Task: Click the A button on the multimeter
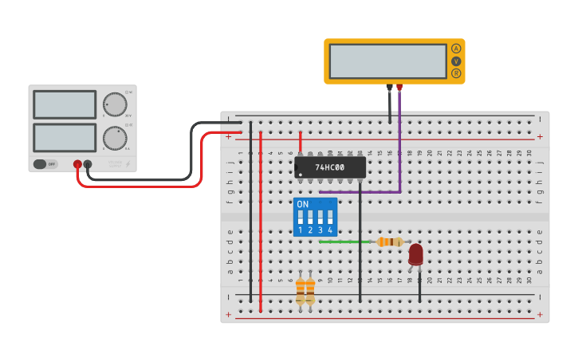tap(456, 49)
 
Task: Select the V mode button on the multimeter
tap(456, 61)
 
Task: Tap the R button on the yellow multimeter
tap(456, 73)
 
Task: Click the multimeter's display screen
tap(387, 61)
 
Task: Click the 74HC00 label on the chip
tap(329, 167)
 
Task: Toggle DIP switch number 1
tap(301, 217)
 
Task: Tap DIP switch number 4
tap(329, 217)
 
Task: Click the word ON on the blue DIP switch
tap(302, 204)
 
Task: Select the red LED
tap(415, 254)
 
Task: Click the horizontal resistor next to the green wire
tap(389, 241)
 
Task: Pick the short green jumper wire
tap(344, 241)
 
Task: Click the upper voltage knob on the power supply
tap(115, 104)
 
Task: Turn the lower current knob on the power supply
tap(115, 138)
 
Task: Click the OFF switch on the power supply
tap(46, 164)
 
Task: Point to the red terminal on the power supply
tap(77, 164)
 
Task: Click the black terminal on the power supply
tap(88, 164)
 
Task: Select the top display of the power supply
tap(65, 104)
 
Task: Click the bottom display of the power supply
tap(65, 137)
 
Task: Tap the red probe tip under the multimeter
tap(399, 88)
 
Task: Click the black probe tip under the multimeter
tap(389, 88)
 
